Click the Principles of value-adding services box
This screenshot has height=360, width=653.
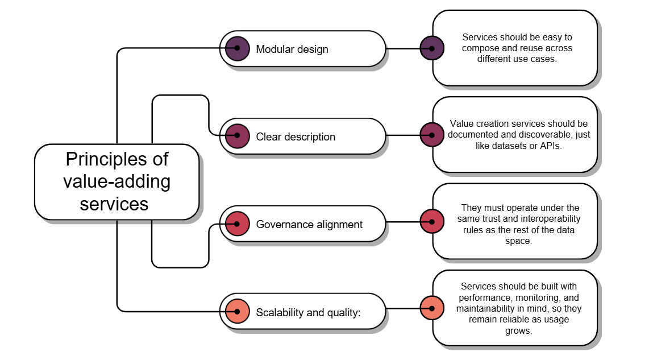pyautogui.click(x=117, y=181)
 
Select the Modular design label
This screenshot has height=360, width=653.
pyautogui.click(x=292, y=49)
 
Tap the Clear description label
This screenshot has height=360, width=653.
pyautogui.click(x=296, y=136)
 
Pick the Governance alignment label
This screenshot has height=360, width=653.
pyautogui.click(x=309, y=224)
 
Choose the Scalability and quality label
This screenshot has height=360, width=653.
pyautogui.click(x=308, y=312)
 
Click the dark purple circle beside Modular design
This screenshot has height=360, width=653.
pyautogui.click(x=237, y=48)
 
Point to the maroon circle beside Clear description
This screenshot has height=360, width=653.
pyautogui.click(x=237, y=136)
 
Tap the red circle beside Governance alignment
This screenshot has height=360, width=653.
pyautogui.click(x=237, y=224)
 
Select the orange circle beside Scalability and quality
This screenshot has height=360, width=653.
pyautogui.click(x=237, y=311)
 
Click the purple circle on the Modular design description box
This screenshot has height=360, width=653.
pyautogui.click(x=432, y=48)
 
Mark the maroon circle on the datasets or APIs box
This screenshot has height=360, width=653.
pyautogui.click(x=432, y=135)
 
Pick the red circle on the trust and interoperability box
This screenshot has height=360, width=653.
pyautogui.click(x=432, y=221)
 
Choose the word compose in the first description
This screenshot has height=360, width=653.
pyautogui.click(x=477, y=48)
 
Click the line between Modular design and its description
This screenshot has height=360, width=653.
pyautogui.click(x=403, y=48)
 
